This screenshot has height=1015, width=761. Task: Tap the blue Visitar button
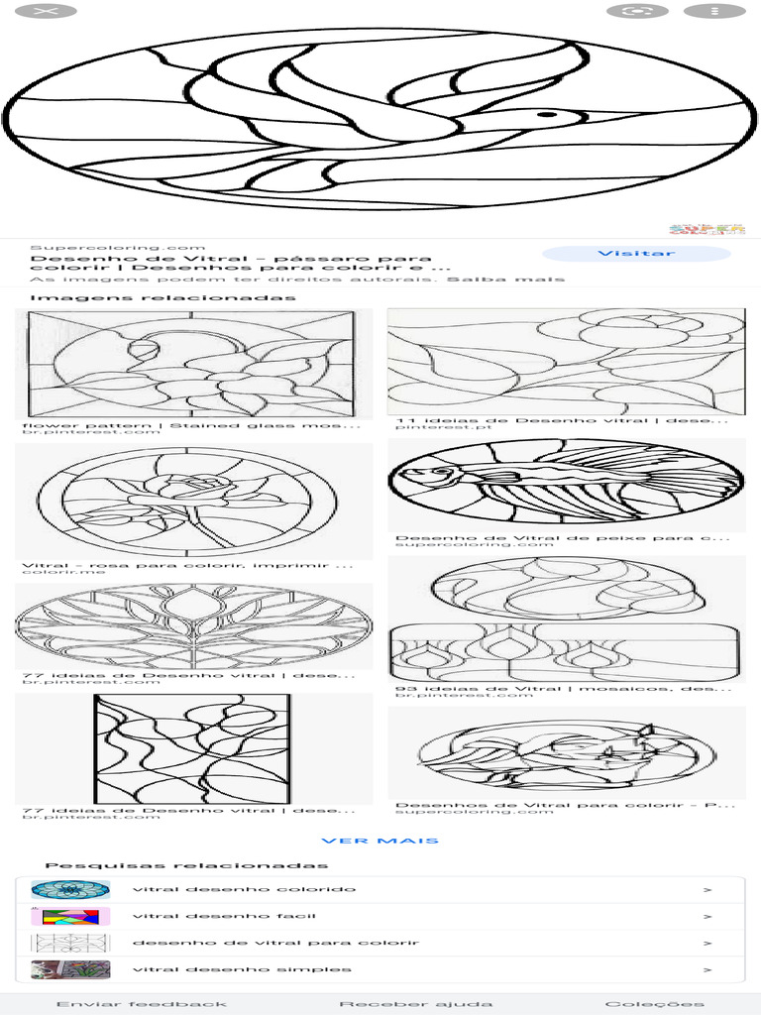[x=636, y=254]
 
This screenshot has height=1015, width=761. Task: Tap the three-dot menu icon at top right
[x=714, y=11]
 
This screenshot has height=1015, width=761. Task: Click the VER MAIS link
[x=380, y=841]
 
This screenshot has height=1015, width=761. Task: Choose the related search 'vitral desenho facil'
[x=224, y=916]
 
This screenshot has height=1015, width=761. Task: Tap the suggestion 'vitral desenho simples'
[x=242, y=969]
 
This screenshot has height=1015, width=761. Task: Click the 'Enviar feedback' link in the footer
[x=142, y=1004]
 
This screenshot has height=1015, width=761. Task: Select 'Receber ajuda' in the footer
[x=416, y=1004]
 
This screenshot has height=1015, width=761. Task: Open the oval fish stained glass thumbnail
[x=566, y=482]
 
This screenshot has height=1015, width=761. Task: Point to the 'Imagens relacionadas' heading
[x=163, y=297]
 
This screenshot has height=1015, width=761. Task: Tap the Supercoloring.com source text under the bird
[x=118, y=248]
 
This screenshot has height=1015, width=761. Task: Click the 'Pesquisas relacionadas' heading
[x=186, y=865]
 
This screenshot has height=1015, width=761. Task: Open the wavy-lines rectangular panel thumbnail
[x=192, y=749]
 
